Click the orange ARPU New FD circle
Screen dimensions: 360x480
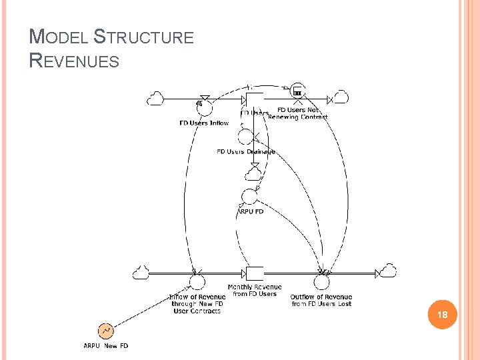(x=105, y=331)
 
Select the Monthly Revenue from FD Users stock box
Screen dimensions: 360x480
(x=255, y=273)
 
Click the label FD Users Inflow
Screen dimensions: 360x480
(x=204, y=123)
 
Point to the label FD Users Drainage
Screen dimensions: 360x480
(x=246, y=152)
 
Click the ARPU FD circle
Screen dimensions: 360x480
(x=249, y=197)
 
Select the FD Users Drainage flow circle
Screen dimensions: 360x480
(x=246, y=137)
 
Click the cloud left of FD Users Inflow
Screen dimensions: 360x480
(x=156, y=98)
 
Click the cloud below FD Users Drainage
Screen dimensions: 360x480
(x=253, y=174)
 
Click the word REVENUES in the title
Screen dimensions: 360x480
(x=75, y=61)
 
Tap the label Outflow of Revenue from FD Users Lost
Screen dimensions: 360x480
(x=321, y=301)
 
